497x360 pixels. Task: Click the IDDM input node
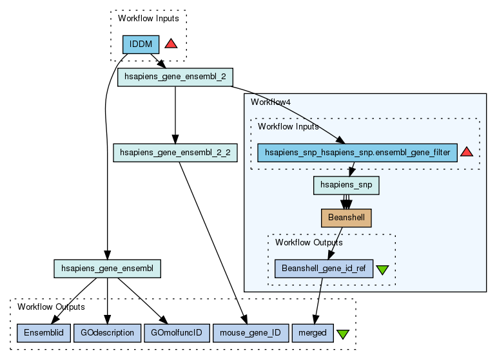141,44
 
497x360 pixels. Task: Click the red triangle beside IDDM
171,44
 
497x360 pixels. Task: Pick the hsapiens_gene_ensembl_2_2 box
175,153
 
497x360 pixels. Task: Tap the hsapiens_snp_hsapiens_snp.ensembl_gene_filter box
357,153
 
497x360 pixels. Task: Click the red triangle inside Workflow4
467,152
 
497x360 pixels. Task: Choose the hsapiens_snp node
346,185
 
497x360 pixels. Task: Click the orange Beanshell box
346,218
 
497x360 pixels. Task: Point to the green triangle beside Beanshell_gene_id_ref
382,270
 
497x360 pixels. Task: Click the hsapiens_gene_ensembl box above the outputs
107,269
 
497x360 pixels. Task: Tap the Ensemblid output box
43,333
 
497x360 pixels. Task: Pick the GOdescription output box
107,333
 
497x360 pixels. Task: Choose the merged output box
313,333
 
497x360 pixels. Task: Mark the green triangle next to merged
343,334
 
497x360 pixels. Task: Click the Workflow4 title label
268,102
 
